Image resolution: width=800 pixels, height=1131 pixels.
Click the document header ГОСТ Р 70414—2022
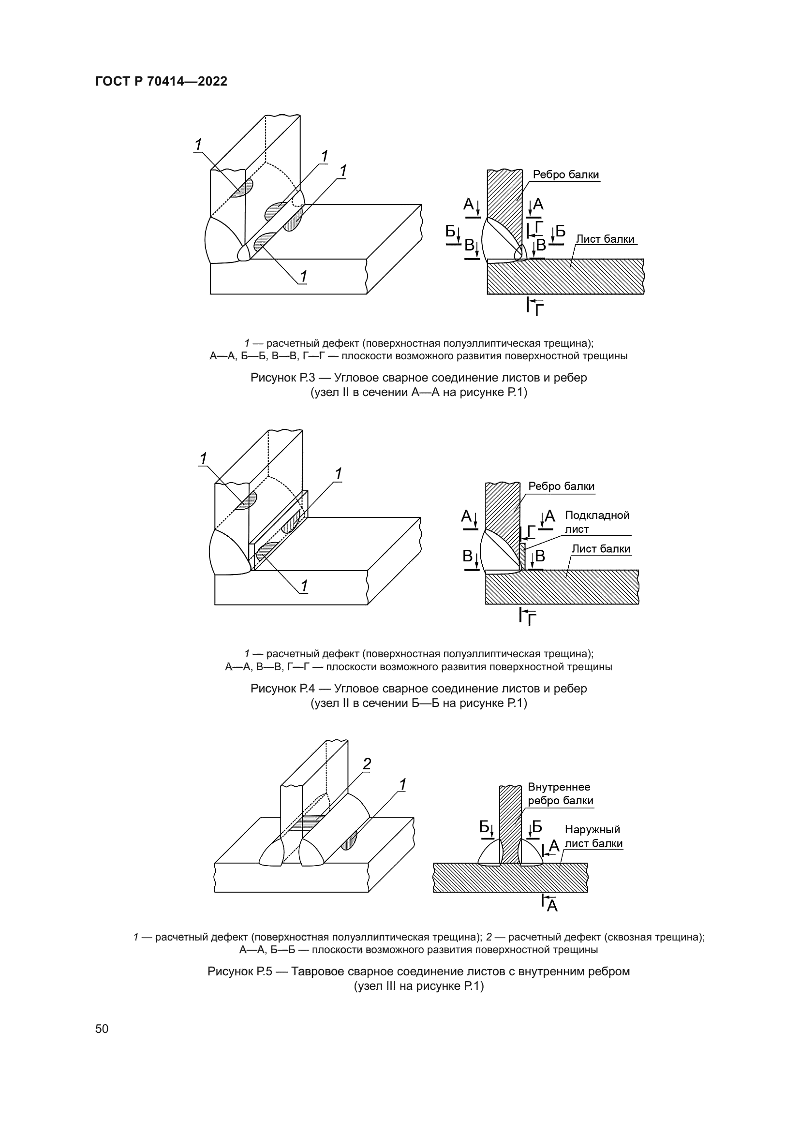[x=161, y=82]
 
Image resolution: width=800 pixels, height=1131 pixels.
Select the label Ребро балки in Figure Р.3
[x=565, y=175]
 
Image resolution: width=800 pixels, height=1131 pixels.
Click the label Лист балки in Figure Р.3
[x=605, y=239]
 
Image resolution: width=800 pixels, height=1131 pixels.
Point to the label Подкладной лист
[x=596, y=522]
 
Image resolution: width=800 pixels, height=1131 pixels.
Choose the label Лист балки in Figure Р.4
[x=601, y=549]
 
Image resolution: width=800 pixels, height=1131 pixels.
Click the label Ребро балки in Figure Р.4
[x=561, y=486]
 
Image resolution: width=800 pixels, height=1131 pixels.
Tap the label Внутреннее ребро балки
[x=560, y=794]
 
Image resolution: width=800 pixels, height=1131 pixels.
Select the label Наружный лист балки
[x=593, y=837]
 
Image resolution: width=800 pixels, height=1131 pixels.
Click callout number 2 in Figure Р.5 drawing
[x=367, y=764]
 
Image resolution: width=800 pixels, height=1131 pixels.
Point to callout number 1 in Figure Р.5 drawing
[x=402, y=784]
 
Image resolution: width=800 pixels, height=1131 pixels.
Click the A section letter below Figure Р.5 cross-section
[x=552, y=905]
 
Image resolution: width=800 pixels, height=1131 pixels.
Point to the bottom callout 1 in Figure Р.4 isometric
[x=304, y=586]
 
